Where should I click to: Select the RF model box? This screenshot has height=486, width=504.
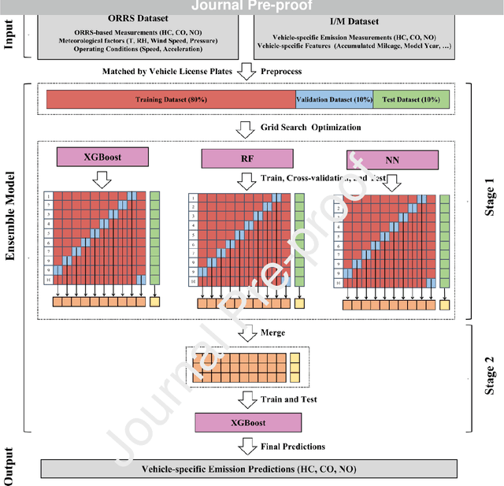coord(246,158)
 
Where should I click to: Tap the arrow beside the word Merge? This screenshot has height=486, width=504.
coord(246,332)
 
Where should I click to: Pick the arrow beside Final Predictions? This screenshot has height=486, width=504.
coord(246,447)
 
